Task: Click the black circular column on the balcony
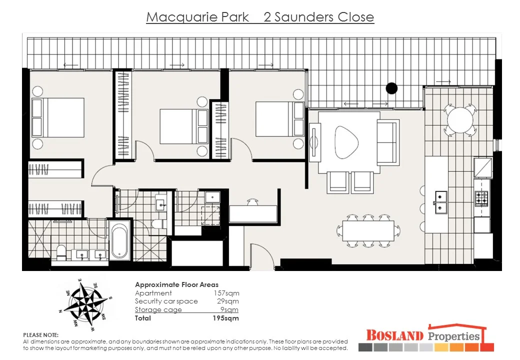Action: tap(391, 88)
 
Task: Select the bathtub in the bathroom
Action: tap(119, 241)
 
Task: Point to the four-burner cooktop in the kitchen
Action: tap(481, 199)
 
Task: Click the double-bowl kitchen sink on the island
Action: tap(440, 201)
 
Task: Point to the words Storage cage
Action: tap(158, 309)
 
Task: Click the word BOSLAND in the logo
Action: tap(394, 335)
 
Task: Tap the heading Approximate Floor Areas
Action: tap(176, 284)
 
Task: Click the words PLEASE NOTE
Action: tap(41, 334)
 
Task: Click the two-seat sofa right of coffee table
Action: tap(388, 141)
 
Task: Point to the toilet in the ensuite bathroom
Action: tap(61, 251)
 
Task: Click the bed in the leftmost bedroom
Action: tap(57, 117)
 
